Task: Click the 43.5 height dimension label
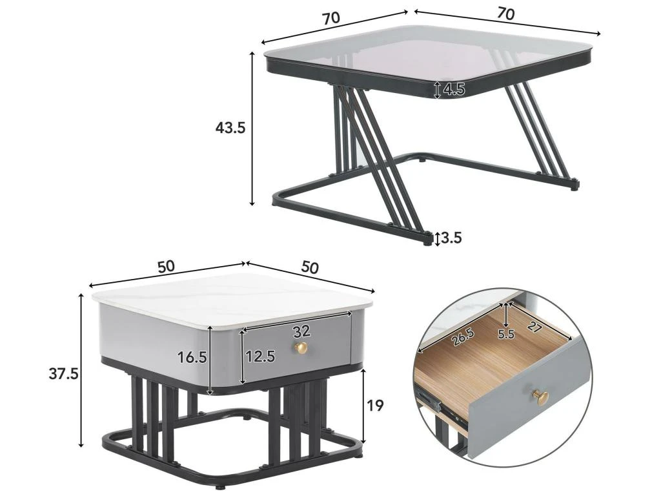tap(230, 128)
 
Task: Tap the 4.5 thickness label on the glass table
tap(454, 90)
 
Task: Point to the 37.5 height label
tap(64, 373)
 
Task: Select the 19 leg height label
tap(374, 406)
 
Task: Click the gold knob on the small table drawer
tap(301, 348)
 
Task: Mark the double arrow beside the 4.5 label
tap(438, 89)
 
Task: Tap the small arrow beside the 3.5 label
tap(438, 239)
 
